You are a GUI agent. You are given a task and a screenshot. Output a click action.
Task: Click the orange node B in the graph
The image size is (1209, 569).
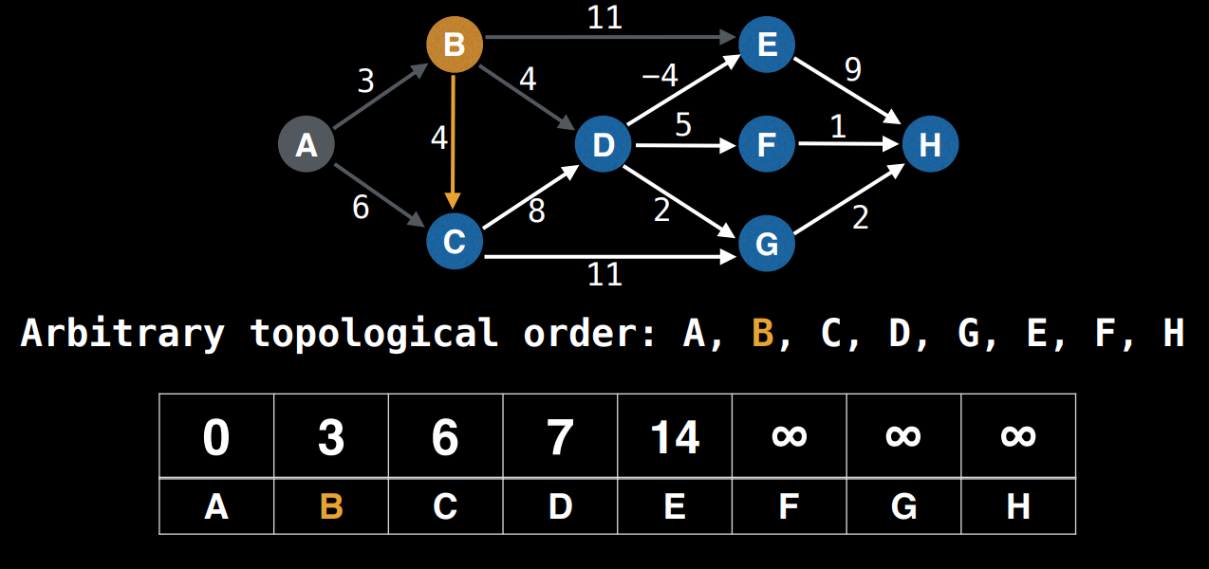[455, 44]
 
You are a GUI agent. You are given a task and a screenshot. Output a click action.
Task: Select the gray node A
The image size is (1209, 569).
[306, 145]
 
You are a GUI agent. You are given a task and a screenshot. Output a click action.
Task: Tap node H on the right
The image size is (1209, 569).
[930, 145]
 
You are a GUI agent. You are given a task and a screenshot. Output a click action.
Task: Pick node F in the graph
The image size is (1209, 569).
[767, 145]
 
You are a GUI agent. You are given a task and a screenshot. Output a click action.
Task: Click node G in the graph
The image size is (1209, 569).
[767, 244]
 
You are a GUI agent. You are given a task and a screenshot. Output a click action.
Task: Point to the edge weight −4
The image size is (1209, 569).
[659, 76]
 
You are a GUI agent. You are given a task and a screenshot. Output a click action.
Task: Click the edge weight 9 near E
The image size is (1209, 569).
[852, 70]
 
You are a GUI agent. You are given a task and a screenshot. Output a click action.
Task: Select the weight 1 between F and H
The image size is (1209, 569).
[838, 127]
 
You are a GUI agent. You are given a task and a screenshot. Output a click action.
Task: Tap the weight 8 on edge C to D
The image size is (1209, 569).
[536, 211]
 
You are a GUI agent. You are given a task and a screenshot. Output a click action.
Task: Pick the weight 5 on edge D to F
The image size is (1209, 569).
[683, 125]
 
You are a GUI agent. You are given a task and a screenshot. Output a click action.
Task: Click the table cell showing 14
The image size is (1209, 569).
[675, 437]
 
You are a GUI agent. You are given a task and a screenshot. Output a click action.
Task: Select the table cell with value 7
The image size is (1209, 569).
[560, 437]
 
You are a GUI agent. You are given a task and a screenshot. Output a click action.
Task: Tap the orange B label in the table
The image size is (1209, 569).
[330, 506]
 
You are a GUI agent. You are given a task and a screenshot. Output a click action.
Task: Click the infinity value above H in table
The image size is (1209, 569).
[1018, 437]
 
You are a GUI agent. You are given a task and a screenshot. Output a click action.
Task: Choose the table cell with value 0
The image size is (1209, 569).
[216, 437]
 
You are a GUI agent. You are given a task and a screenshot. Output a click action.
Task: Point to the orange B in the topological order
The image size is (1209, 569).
[762, 334]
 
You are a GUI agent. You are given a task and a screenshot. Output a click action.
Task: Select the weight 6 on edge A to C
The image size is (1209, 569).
[361, 207]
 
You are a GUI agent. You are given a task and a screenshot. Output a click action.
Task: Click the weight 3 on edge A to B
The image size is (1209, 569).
[366, 82]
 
